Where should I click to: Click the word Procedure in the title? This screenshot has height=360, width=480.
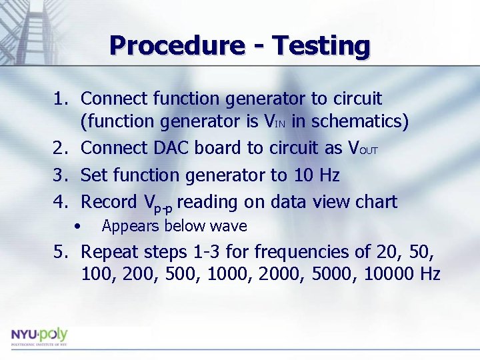(177, 45)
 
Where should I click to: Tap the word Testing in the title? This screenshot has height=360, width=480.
(321, 45)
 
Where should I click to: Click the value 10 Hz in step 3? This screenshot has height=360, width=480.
(317, 176)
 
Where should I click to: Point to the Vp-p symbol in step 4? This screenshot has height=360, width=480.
(158, 203)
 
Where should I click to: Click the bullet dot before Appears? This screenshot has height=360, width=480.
(78, 227)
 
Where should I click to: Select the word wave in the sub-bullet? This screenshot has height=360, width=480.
(229, 227)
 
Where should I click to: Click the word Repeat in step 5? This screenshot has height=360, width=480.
(110, 252)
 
